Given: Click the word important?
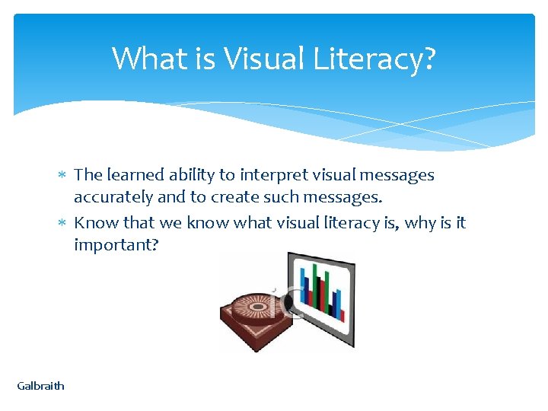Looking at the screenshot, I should [x=116, y=245].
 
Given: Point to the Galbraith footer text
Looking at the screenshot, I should [x=41, y=386].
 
